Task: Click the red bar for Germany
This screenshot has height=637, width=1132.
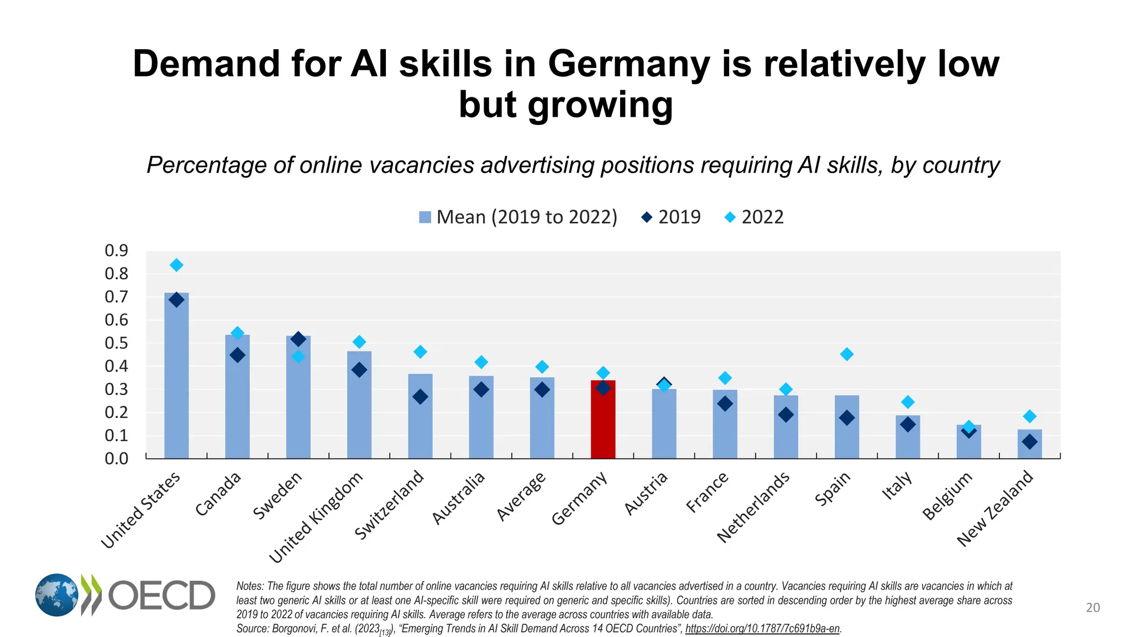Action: [602, 420]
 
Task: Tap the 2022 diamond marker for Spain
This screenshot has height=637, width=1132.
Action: [846, 354]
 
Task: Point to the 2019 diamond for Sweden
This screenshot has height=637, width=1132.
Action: [298, 339]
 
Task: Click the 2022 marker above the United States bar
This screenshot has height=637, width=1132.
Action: [176, 265]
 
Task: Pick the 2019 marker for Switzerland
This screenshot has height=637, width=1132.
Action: [420, 396]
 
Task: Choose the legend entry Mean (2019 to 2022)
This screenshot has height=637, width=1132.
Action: [518, 217]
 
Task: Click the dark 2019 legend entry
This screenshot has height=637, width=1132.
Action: [670, 217]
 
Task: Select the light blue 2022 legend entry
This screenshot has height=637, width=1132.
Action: [754, 217]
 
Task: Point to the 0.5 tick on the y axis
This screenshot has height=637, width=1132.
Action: [116, 343]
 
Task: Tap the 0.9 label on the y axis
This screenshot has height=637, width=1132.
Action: [116, 251]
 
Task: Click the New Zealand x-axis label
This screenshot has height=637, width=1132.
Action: [995, 509]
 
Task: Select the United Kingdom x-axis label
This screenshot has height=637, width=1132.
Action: [316, 517]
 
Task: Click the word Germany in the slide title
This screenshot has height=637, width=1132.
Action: [628, 64]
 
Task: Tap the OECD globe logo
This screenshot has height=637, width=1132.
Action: [57, 595]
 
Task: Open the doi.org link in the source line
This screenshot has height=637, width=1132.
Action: [762, 629]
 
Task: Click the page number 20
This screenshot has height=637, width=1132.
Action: [1093, 608]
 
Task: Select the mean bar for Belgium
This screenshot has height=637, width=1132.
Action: [968, 442]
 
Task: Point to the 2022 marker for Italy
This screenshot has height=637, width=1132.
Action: [908, 402]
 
